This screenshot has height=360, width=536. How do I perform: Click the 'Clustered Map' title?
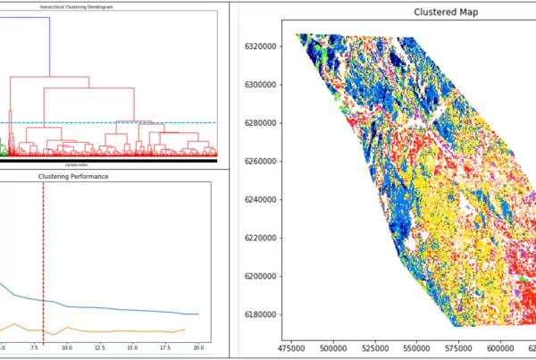point(443,13)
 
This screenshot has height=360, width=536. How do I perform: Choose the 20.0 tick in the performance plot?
point(197,347)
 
